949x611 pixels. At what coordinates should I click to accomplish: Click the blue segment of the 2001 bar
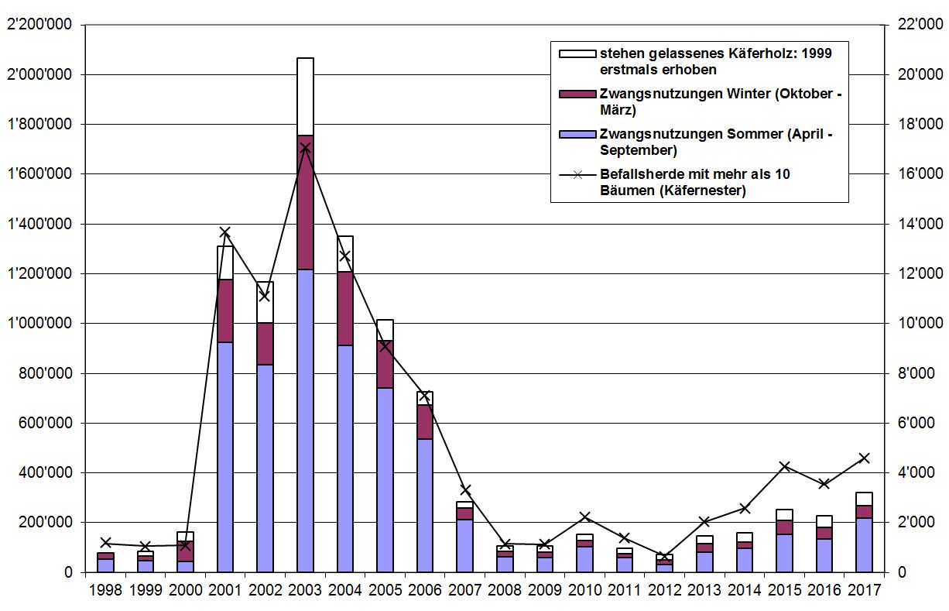pyautogui.click(x=225, y=457)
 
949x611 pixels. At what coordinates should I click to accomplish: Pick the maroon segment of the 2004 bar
pyautogui.click(x=344, y=308)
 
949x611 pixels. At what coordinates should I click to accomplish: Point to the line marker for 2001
pyautogui.click(x=225, y=232)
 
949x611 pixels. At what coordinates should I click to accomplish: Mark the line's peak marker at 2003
pyautogui.click(x=305, y=147)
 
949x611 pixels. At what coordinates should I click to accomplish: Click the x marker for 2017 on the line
pyautogui.click(x=865, y=458)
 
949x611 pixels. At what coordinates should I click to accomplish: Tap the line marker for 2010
pyautogui.click(x=585, y=517)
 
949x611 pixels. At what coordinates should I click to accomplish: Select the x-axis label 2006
pyautogui.click(x=425, y=590)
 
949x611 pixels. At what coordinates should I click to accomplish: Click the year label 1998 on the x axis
pyautogui.click(x=105, y=590)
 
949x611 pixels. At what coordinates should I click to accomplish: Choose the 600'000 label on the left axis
pyautogui.click(x=46, y=424)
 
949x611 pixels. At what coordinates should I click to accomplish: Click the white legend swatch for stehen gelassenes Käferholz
pyautogui.click(x=577, y=54)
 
